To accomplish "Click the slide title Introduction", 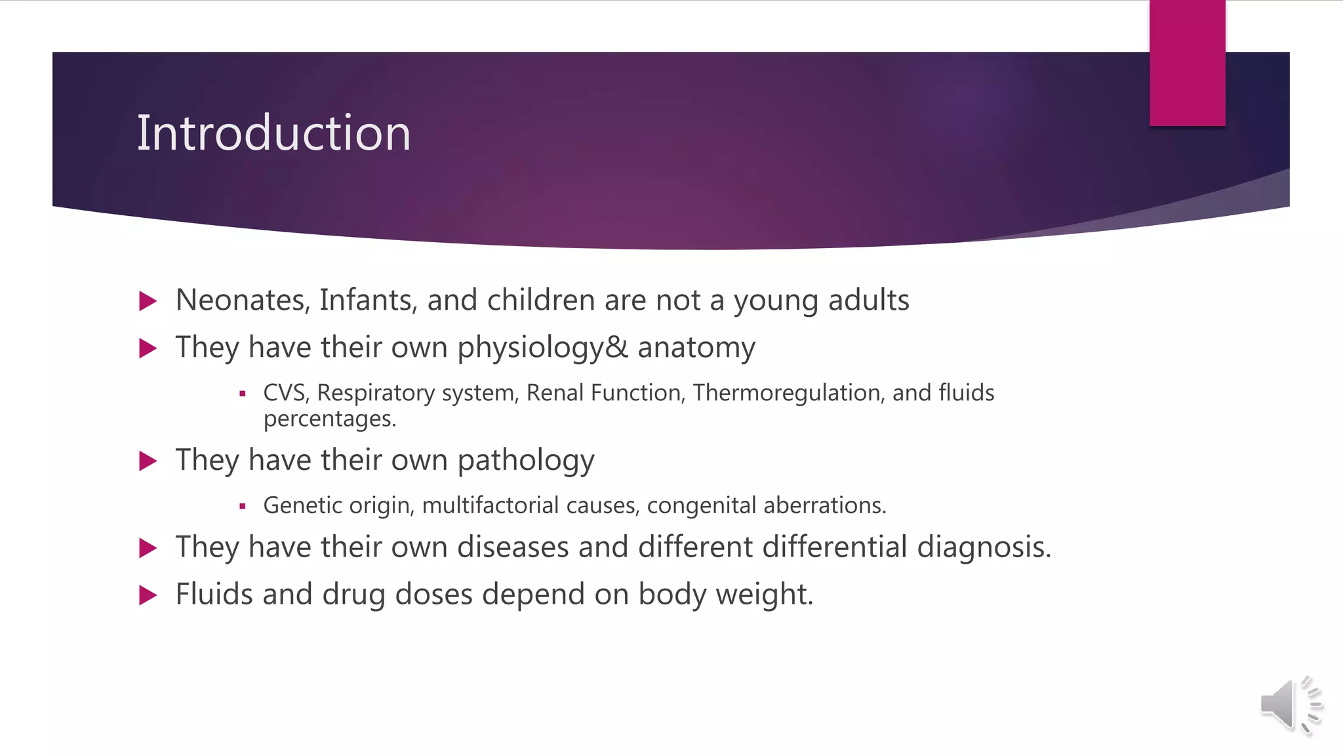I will (x=273, y=133).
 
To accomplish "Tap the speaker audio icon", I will (x=1289, y=705).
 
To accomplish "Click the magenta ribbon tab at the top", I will (x=1187, y=63).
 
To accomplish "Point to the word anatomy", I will (x=696, y=347).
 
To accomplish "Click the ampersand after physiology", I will (x=616, y=347).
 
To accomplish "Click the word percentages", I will (x=329, y=419).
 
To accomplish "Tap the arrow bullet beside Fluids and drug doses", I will (x=149, y=595).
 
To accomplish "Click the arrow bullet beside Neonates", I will (x=149, y=301).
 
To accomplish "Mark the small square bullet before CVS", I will (x=243, y=394).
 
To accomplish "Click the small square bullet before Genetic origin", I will (x=243, y=506).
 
